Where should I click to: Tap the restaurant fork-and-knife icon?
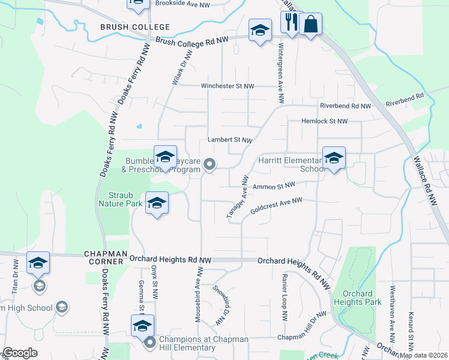pos(292,23)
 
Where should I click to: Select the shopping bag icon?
pos(310,25)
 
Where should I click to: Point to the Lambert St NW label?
pos(229,140)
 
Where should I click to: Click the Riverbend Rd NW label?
pos(345,106)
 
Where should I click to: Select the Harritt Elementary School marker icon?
pos(334,158)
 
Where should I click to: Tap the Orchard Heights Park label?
pos(358,298)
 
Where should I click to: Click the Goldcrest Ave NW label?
pos(276,205)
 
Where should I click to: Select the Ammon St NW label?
pos(274,187)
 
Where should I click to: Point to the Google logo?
pos(20,353)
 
